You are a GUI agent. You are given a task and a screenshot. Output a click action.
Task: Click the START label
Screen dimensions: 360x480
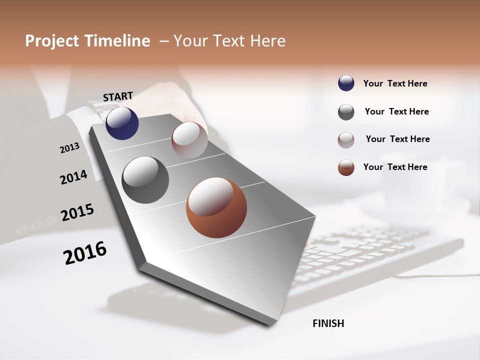click(x=118, y=96)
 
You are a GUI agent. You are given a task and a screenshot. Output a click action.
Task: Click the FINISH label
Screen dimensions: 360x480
click(x=328, y=323)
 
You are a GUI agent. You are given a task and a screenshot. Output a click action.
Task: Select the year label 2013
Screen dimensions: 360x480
click(x=69, y=148)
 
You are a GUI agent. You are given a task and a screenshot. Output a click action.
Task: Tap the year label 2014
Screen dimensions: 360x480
click(x=73, y=177)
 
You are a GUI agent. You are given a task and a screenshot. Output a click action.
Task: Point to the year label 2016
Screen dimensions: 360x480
click(x=85, y=252)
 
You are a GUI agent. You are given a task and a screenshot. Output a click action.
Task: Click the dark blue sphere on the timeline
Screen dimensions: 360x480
click(x=122, y=123)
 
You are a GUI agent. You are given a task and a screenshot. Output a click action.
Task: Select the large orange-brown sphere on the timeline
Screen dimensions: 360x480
click(x=216, y=207)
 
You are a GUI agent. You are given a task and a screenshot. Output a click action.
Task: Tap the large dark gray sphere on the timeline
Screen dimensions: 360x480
click(x=145, y=180)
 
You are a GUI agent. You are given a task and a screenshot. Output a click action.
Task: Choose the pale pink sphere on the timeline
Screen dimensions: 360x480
click(x=189, y=139)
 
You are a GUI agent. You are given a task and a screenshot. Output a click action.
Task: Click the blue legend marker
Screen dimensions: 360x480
click(x=346, y=83)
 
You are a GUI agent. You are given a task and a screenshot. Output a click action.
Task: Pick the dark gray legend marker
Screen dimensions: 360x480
click(x=346, y=112)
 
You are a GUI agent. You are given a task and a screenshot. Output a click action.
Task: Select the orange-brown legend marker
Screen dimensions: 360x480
click(x=346, y=167)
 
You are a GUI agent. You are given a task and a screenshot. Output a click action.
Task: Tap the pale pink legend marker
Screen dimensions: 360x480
click(x=346, y=140)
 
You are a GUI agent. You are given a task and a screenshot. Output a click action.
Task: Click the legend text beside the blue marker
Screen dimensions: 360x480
click(x=395, y=83)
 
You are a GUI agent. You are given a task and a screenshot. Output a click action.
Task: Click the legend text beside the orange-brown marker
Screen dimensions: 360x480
click(x=395, y=167)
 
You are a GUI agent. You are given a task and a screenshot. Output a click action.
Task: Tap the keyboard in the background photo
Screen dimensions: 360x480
click(x=380, y=255)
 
